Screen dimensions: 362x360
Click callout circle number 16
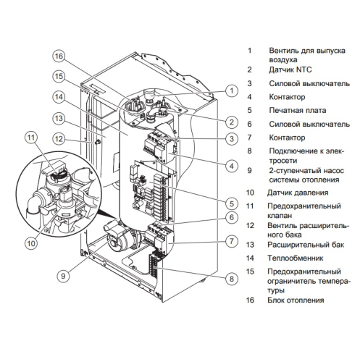[x=59, y=56]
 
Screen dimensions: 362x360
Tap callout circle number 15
[x=59, y=77]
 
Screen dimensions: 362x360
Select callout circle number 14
[x=59, y=98]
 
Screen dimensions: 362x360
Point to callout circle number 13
[x=59, y=119]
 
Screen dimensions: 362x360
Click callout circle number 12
[x=59, y=139]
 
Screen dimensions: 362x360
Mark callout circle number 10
[x=30, y=243]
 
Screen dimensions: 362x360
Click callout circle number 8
[x=230, y=278]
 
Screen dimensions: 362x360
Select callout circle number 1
[x=230, y=91]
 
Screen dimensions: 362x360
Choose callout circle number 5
[x=230, y=203]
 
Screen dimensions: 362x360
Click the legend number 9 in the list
[x=249, y=171]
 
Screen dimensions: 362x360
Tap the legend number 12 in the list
[x=250, y=225]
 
